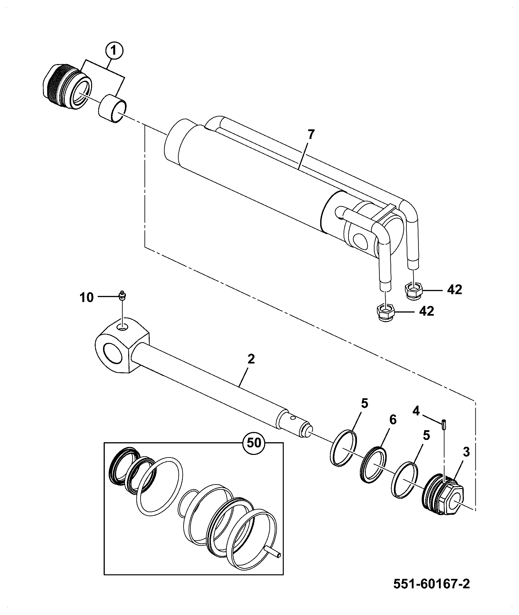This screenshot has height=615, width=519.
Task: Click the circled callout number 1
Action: click(113, 51)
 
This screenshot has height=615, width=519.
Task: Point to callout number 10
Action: click(87, 297)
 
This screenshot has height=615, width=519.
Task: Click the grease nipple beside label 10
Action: click(123, 295)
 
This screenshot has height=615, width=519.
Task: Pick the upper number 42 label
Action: click(454, 290)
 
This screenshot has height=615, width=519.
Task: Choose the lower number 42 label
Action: click(426, 311)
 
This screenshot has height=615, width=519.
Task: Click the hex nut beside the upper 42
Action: click(413, 289)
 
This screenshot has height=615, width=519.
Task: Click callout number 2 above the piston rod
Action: click(251, 359)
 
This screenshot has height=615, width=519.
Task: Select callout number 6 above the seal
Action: click(393, 420)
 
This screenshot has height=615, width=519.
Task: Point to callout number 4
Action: click(416, 411)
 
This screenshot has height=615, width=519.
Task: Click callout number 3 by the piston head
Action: click(466, 452)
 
